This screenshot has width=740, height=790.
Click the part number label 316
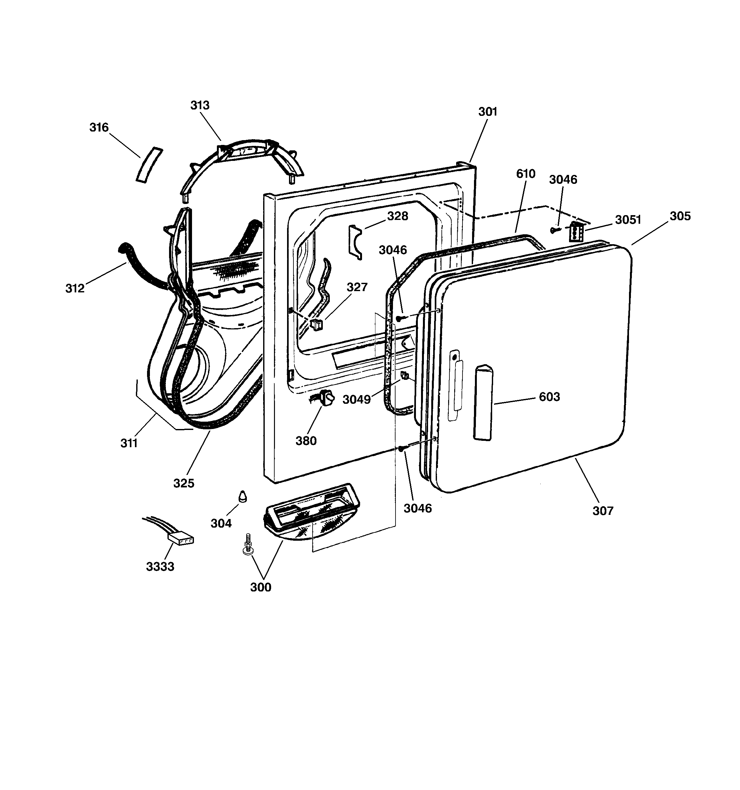pyautogui.click(x=99, y=128)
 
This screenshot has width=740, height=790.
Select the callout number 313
pyautogui.click(x=200, y=105)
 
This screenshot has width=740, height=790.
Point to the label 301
pyautogui.click(x=487, y=112)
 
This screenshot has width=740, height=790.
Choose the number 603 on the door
pyautogui.click(x=550, y=396)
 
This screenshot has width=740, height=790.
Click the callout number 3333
pyautogui.click(x=160, y=566)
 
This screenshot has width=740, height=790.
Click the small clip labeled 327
pyautogui.click(x=317, y=324)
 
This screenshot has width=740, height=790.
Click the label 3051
pyautogui.click(x=628, y=219)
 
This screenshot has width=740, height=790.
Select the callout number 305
pyautogui.click(x=680, y=216)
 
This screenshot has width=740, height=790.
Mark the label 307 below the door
pyautogui.click(x=603, y=511)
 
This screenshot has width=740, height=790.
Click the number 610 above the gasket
pyautogui.click(x=526, y=174)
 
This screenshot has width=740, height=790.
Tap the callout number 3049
pyautogui.click(x=357, y=399)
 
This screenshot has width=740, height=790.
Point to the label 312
pyautogui.click(x=75, y=288)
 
